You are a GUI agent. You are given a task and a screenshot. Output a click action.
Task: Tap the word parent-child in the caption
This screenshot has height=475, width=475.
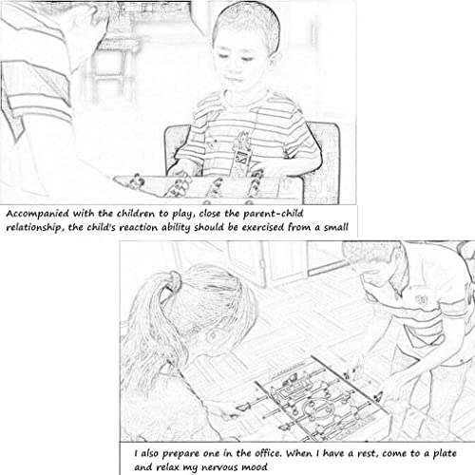(274, 215)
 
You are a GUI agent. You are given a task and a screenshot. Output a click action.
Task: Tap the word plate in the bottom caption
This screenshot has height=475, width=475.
(445, 454)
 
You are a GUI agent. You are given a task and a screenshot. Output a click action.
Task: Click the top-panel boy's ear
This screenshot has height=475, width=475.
(276, 59)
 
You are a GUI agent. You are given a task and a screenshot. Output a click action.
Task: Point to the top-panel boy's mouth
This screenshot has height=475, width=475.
(235, 79)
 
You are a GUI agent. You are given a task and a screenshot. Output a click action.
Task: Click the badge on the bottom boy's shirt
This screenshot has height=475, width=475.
(422, 300)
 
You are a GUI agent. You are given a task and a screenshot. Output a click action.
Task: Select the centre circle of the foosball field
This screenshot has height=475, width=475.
(314, 408)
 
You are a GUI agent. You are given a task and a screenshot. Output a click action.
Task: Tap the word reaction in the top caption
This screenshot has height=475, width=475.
(138, 228)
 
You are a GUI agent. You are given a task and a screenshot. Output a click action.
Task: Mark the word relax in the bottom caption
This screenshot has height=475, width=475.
(168, 466)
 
